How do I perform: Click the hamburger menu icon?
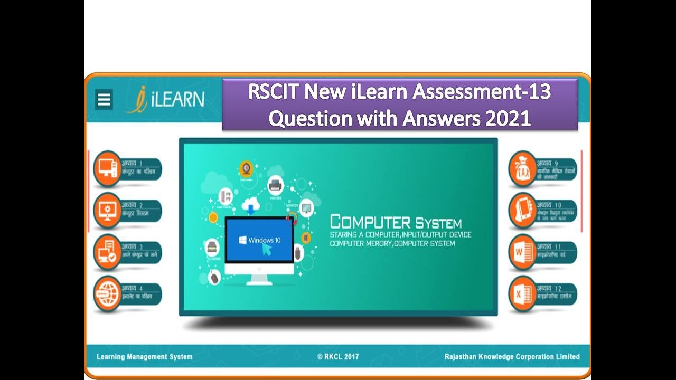click(x=104, y=99)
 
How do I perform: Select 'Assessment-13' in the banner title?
click(x=481, y=92)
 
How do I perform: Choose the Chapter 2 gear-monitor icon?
click(x=107, y=211)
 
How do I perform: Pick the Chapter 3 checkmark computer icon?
click(x=107, y=252)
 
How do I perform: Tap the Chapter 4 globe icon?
click(x=107, y=293)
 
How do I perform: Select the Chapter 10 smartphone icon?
click(x=522, y=211)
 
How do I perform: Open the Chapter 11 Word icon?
click(x=522, y=252)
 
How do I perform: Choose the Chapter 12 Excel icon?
click(x=522, y=293)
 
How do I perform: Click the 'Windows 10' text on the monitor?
click(x=264, y=240)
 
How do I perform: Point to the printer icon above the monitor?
click(x=275, y=185)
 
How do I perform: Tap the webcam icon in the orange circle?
click(x=246, y=168)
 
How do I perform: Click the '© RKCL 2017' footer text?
click(x=338, y=357)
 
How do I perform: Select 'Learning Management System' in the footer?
click(x=145, y=357)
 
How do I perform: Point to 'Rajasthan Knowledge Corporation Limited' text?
click(x=512, y=357)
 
